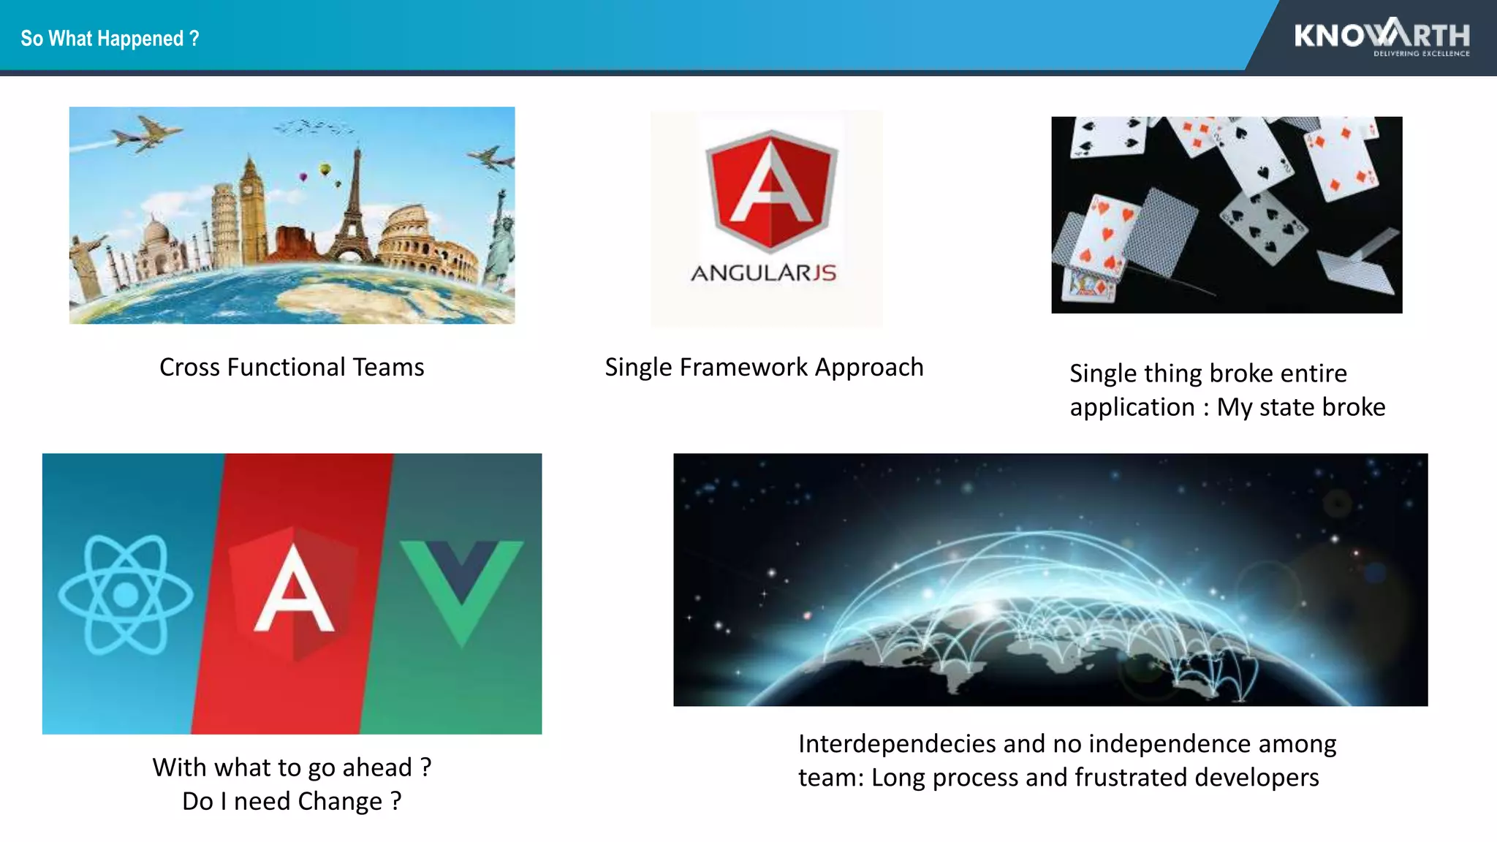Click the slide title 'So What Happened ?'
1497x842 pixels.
[110, 38]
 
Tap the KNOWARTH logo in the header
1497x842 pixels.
[1382, 37]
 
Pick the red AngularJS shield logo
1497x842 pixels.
[770, 190]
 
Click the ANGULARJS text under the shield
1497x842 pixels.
[764, 273]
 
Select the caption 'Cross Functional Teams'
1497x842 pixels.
[292, 367]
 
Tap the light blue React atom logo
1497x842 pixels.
[126, 594]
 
